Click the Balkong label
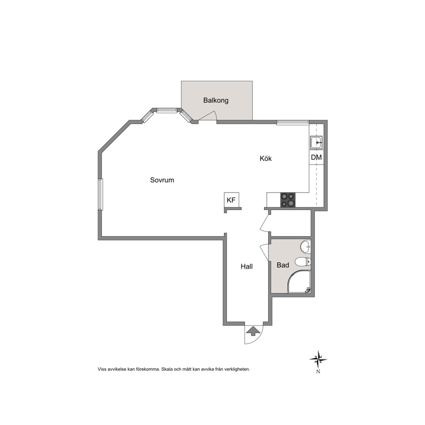(216, 101)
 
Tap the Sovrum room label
(162, 180)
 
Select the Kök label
(266, 158)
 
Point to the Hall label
(247, 266)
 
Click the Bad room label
(283, 265)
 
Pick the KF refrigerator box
(231, 201)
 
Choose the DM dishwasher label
(316, 157)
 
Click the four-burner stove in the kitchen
(288, 200)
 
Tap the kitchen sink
(316, 142)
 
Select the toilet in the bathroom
(303, 262)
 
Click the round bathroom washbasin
(305, 246)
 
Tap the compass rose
(318, 360)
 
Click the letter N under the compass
(318, 371)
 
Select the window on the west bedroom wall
(101, 194)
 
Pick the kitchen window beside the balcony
(293, 123)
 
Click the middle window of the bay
(167, 110)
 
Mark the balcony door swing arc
(209, 115)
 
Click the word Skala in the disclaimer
(166, 369)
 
